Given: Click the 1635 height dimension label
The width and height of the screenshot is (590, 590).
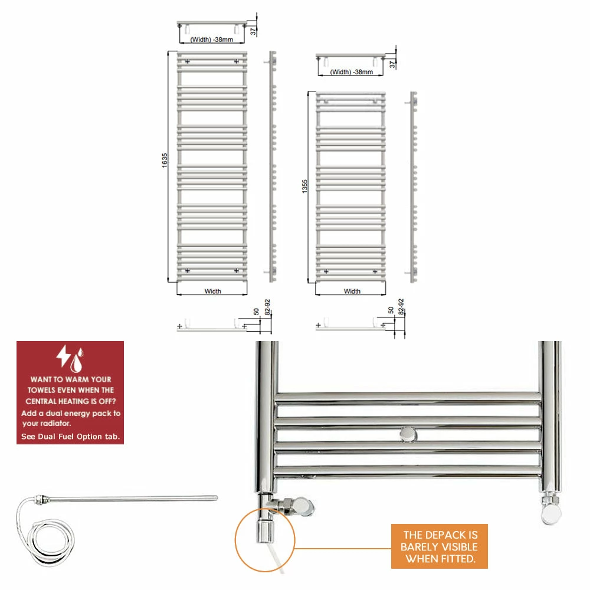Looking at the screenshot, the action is tap(165, 160).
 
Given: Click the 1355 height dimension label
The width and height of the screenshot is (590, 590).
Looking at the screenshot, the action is tap(304, 186).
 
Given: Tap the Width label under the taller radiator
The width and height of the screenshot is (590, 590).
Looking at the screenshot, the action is tap(212, 291).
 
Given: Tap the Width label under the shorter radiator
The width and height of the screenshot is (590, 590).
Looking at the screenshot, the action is tap(352, 291).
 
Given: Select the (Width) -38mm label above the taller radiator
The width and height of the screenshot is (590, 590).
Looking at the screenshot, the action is tap(211, 40).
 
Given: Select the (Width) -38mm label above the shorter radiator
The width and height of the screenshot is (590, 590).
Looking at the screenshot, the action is tap(352, 72).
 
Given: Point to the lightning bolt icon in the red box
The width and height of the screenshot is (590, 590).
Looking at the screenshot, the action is tap(63, 356).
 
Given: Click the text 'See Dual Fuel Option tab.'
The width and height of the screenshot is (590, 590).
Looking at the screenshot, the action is tap(70, 437).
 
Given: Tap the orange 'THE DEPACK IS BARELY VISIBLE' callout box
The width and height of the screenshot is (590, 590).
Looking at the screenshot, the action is tap(440, 546).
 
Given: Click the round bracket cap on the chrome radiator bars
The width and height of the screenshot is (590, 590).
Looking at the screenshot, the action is tap(408, 435).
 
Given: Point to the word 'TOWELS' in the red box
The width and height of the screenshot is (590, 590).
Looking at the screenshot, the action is tap(41, 390).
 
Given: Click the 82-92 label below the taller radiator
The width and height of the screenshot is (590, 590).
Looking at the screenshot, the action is tap(267, 307).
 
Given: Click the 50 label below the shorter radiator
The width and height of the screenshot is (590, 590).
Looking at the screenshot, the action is tap(391, 310).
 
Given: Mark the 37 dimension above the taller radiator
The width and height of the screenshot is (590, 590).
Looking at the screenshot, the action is tap(253, 32).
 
